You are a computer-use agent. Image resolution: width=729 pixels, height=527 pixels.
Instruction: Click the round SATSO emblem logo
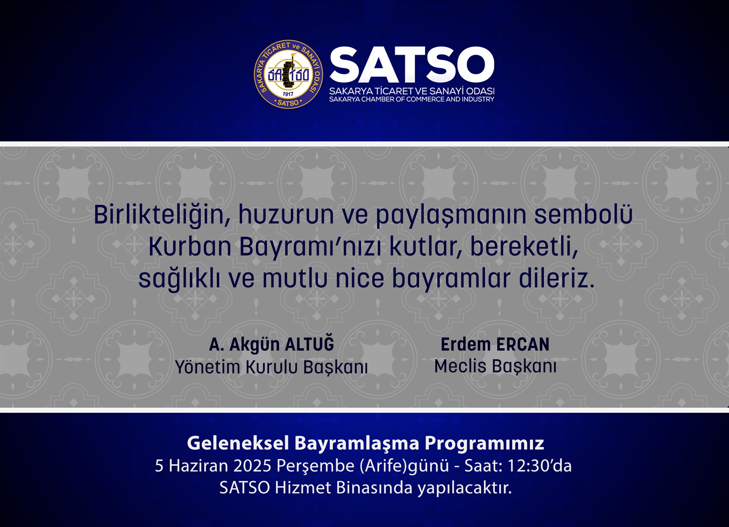pos(288,75)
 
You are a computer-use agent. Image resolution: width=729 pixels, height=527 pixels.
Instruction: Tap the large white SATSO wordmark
pos(412,65)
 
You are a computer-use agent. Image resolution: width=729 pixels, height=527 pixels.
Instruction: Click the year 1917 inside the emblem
pos(288,94)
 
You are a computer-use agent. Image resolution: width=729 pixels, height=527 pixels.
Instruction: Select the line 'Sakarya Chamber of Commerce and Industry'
pos(412,99)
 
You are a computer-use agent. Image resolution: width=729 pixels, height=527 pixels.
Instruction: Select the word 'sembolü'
pos(583,215)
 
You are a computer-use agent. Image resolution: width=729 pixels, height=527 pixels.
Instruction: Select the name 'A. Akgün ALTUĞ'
pos(272,345)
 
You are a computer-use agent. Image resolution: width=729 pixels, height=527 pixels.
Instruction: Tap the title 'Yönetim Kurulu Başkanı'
pos(271,367)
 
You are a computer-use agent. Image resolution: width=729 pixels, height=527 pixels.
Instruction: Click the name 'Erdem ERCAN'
pos(495,345)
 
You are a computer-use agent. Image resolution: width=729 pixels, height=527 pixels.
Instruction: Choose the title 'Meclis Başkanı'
pos(495,366)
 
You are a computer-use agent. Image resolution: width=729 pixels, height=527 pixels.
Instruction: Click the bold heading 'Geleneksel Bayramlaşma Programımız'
pos(365,443)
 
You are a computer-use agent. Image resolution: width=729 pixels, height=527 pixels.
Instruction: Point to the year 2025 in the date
pos(252,466)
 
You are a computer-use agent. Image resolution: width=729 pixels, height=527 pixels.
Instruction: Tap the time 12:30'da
pos(539,466)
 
